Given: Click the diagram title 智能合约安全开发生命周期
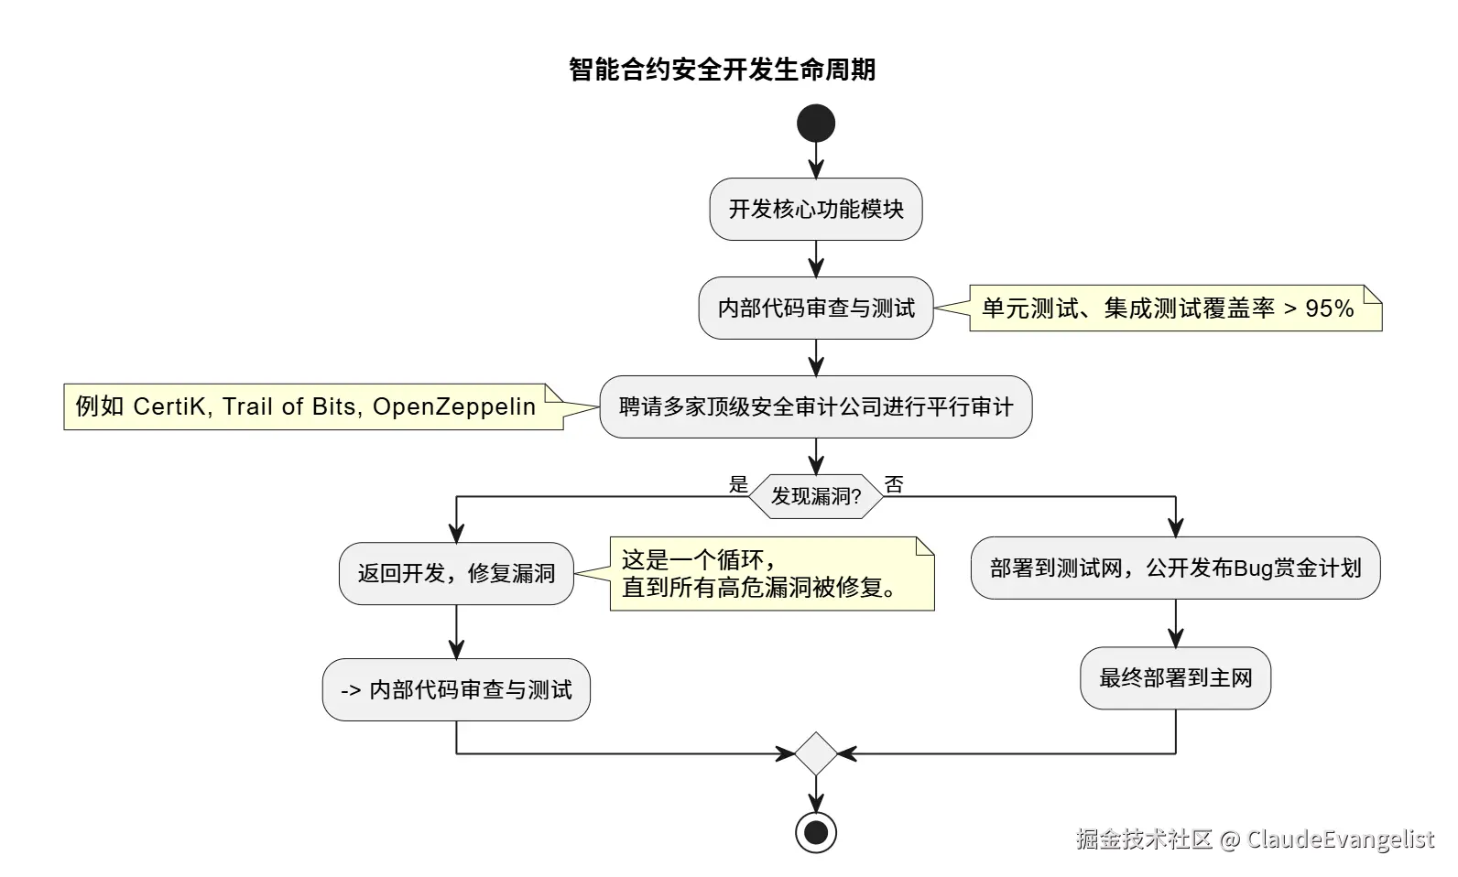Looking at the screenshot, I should click(x=722, y=70).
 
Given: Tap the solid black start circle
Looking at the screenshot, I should click(x=816, y=124).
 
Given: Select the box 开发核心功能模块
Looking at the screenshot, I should click(x=816, y=210).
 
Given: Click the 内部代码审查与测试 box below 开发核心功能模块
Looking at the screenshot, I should click(x=816, y=309).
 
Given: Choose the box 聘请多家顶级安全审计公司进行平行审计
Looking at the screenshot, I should click(x=816, y=407).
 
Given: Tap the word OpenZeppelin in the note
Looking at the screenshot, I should click(x=454, y=406).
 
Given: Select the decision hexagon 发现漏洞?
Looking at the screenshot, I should click(x=816, y=497).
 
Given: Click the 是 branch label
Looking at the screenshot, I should click(x=738, y=484).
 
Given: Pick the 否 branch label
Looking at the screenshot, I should click(x=894, y=484).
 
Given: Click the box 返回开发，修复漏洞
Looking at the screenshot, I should click(x=456, y=574).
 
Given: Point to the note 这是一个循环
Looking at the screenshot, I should click(x=771, y=574).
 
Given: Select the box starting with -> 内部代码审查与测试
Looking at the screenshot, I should click(x=456, y=690).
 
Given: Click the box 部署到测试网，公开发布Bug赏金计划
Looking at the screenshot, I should click(x=1175, y=568).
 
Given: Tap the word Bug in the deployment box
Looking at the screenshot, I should click(x=1254, y=568).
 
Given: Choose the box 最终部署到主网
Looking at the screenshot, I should click(x=1175, y=678).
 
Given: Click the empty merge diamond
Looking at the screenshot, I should click(x=816, y=754).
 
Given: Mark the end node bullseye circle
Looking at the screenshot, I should click(x=816, y=833).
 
